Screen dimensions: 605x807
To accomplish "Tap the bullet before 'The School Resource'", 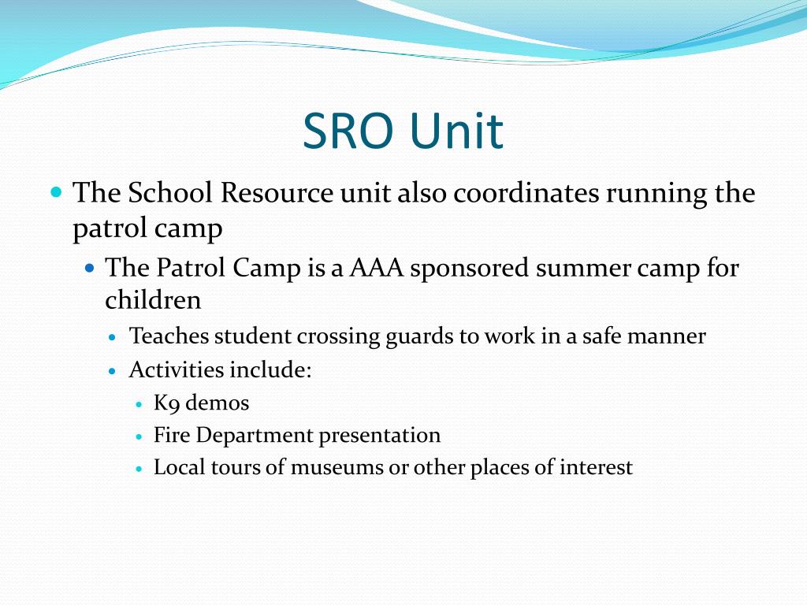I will tap(55, 191).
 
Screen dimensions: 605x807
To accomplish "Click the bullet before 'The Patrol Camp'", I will tap(89, 268).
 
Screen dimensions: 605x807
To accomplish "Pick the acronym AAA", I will tap(376, 268).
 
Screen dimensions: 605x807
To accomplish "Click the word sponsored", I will tap(470, 269).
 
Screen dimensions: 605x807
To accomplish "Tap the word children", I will tap(153, 299).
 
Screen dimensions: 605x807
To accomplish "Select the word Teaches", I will tap(169, 336).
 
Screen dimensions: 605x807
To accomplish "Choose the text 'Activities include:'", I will tap(221, 369).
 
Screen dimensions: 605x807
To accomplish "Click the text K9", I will tap(166, 403).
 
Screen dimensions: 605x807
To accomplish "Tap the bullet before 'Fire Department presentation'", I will tap(139, 436).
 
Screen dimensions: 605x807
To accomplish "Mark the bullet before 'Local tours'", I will tap(139, 468).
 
